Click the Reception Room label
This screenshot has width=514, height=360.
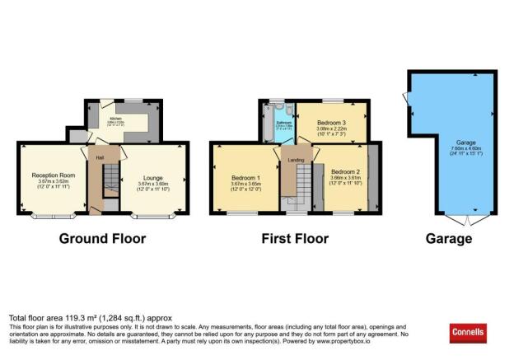pyautogui.click(x=54, y=175)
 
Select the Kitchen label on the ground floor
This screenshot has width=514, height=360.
pyautogui.click(x=114, y=119)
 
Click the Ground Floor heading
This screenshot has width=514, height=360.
pyautogui.click(x=102, y=239)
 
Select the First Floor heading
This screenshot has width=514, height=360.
pyautogui.click(x=295, y=239)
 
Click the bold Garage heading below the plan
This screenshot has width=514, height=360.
pyautogui.click(x=449, y=239)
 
